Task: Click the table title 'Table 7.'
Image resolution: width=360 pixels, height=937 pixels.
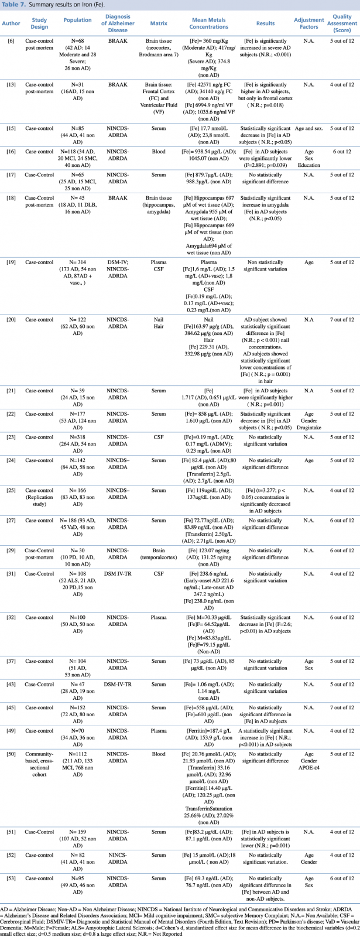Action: [x=13, y=5]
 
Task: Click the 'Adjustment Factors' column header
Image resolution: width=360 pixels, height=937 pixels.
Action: [x=308, y=24]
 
